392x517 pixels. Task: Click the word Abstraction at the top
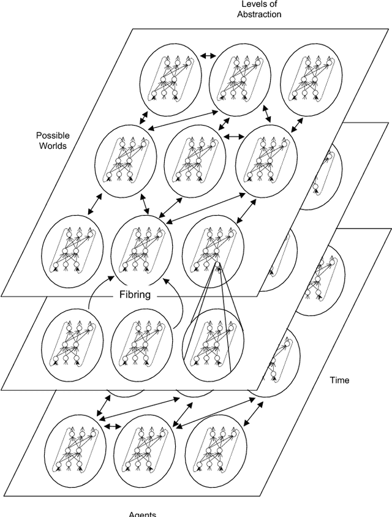coord(259,14)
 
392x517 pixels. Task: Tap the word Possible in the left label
coord(53,135)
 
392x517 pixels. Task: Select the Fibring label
coord(135,294)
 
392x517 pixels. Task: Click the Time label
coord(339,380)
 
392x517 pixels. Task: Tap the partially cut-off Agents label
coord(143,514)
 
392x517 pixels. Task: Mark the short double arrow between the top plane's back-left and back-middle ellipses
coord(208,56)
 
